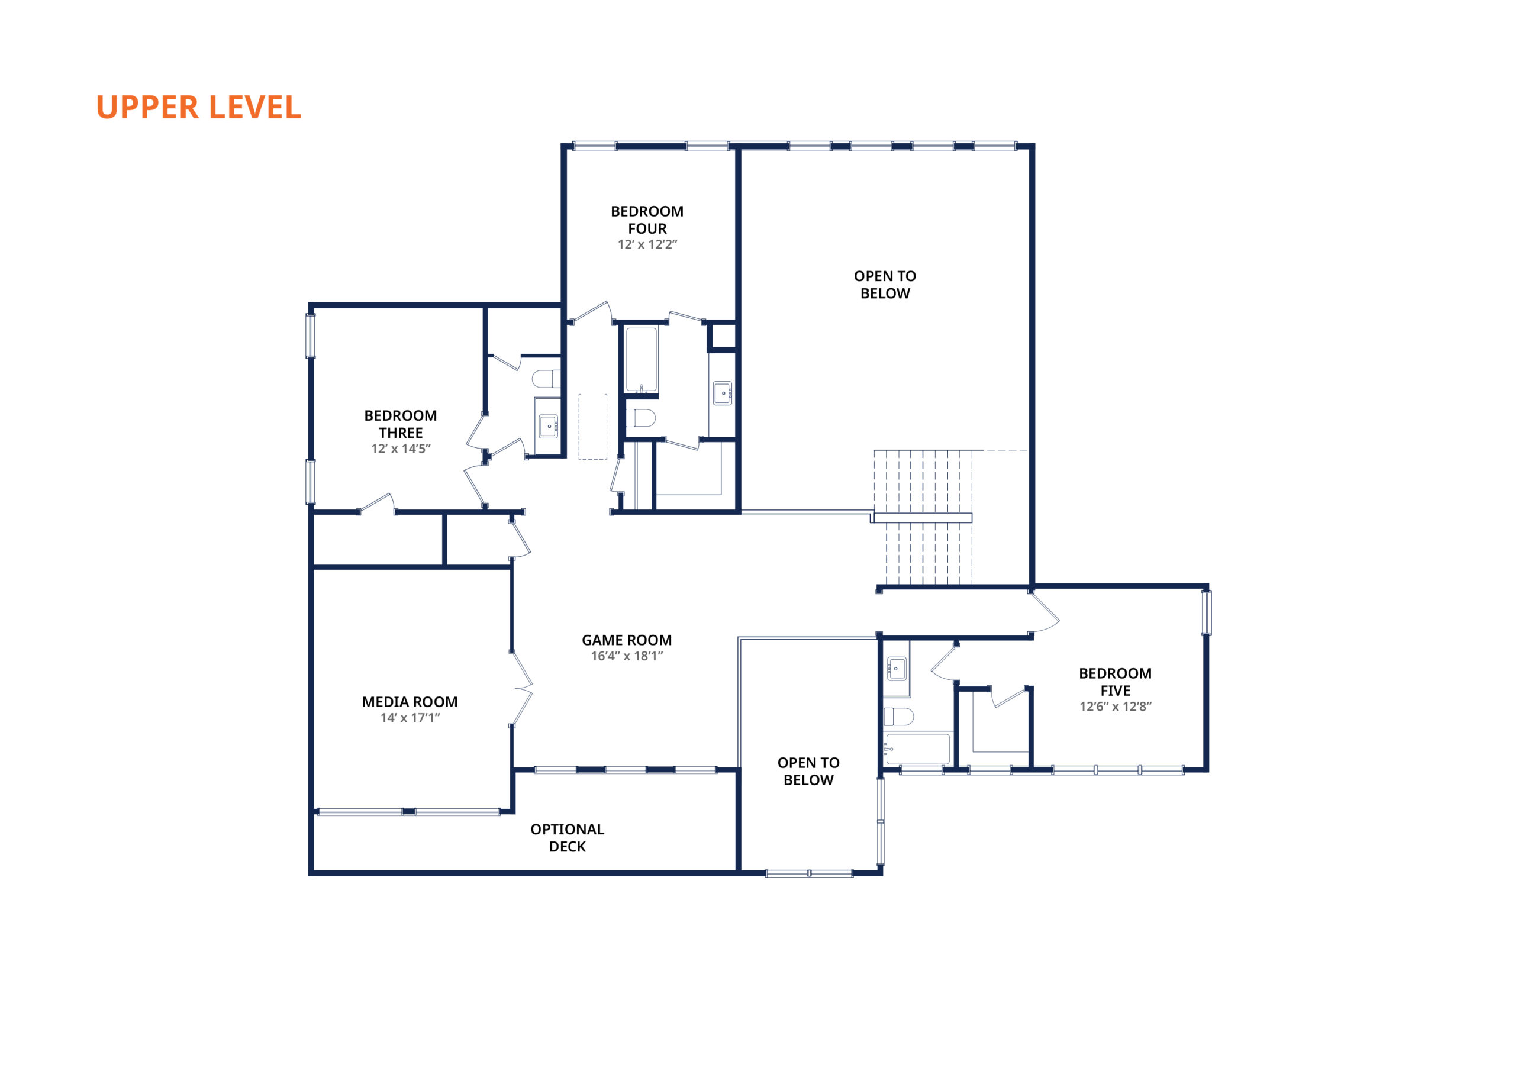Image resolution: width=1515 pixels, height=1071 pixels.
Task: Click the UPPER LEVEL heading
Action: (199, 107)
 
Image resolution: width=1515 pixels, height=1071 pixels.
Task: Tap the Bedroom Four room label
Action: (647, 220)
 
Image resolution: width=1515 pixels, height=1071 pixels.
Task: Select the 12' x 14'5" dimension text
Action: (401, 449)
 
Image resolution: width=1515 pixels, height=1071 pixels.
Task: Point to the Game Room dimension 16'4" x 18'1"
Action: (627, 656)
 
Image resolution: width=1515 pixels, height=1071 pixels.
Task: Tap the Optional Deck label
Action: (568, 837)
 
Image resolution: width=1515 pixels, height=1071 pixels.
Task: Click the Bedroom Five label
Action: (1115, 682)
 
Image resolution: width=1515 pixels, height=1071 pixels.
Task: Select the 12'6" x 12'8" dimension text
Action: (1115, 706)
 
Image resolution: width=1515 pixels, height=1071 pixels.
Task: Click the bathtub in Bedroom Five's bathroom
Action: (918, 749)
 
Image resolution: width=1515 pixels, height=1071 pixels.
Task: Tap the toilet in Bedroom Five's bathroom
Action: (899, 716)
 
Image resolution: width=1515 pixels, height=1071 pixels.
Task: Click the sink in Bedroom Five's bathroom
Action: (896, 669)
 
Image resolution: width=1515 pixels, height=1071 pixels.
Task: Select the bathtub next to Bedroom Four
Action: (642, 360)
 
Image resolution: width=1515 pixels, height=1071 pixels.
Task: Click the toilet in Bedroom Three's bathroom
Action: (546, 379)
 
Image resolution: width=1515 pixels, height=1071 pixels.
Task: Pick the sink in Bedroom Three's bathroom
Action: (549, 426)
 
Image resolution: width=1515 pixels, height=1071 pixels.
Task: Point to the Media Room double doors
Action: (521, 688)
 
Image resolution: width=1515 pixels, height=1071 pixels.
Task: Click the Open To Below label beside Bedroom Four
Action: (885, 285)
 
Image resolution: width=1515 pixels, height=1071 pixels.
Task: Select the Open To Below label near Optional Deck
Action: (808, 771)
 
